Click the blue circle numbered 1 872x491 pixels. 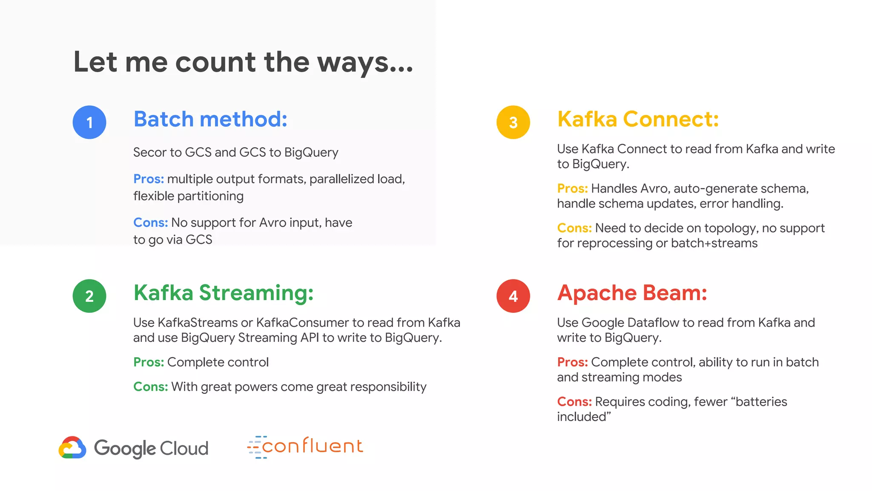(x=89, y=122)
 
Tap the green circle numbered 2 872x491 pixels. (x=89, y=296)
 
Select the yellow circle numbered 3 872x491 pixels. (x=513, y=122)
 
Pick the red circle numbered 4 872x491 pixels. (x=513, y=296)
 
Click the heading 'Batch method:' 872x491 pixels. (x=210, y=119)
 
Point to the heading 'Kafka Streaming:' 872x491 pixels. (x=224, y=293)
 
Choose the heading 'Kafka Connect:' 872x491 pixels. (x=638, y=119)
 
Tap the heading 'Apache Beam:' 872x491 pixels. (x=632, y=293)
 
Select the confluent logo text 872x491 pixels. (x=312, y=446)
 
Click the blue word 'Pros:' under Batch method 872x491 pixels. (x=148, y=179)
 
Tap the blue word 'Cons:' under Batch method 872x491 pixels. (x=150, y=222)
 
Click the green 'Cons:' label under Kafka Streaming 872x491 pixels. (x=150, y=387)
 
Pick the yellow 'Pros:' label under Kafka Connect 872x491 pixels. (x=572, y=188)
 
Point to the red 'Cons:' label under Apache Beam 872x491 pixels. (x=574, y=401)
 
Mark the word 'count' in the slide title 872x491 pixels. (x=215, y=62)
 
